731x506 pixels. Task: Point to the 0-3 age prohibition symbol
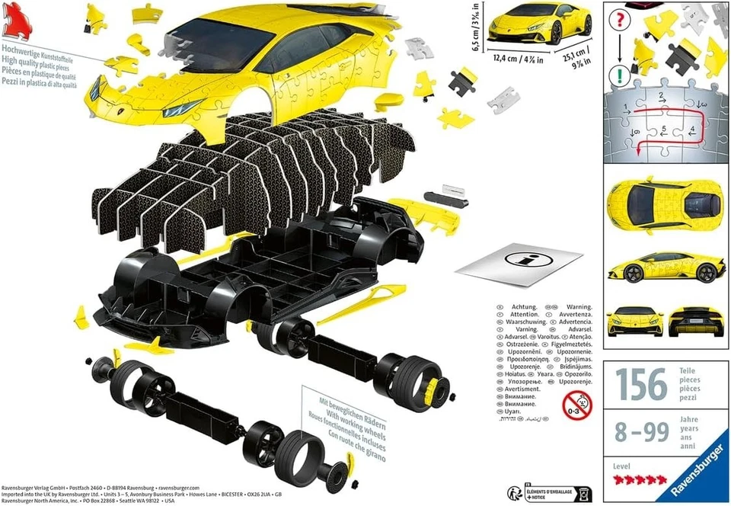coord(576,405)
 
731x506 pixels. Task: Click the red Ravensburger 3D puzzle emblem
coord(17,22)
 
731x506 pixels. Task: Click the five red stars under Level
coord(634,479)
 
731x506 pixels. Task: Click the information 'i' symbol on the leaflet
coord(526,259)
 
